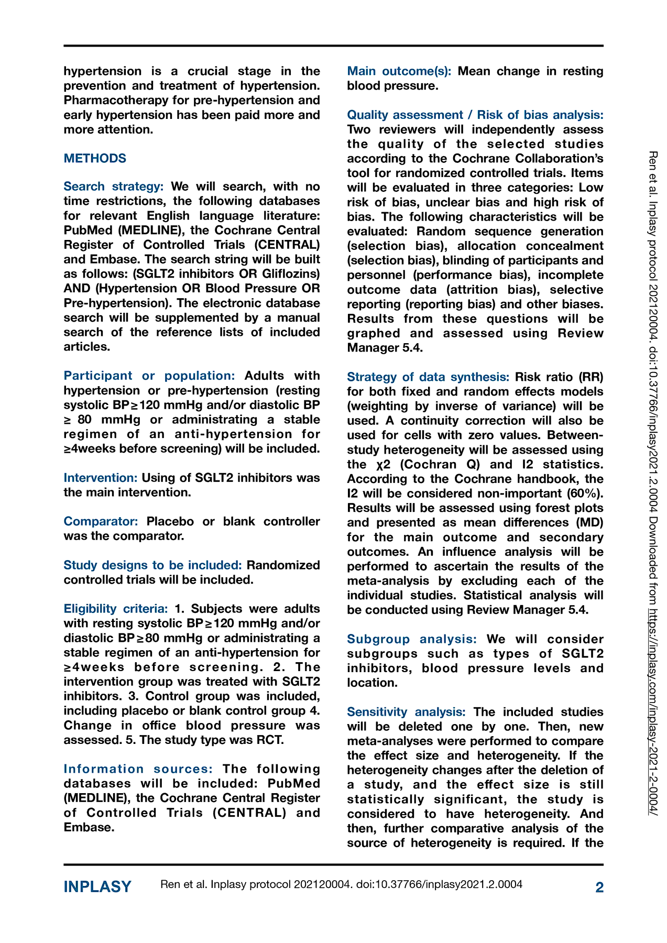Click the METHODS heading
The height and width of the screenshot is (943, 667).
95,158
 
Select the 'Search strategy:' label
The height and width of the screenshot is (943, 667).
114,187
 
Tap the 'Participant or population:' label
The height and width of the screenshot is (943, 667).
149,376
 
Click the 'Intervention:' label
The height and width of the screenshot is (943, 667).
101,478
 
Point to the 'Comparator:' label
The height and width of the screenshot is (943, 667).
101,521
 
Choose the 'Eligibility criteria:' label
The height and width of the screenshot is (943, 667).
116,609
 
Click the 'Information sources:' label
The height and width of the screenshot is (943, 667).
138,769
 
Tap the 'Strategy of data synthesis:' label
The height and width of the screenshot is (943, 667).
428,377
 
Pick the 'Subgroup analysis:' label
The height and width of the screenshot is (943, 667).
412,639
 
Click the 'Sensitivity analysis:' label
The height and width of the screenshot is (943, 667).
406,712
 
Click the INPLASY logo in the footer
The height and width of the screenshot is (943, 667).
97,887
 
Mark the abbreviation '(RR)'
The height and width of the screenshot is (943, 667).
591,377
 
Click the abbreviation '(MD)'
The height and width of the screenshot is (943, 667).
590,523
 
